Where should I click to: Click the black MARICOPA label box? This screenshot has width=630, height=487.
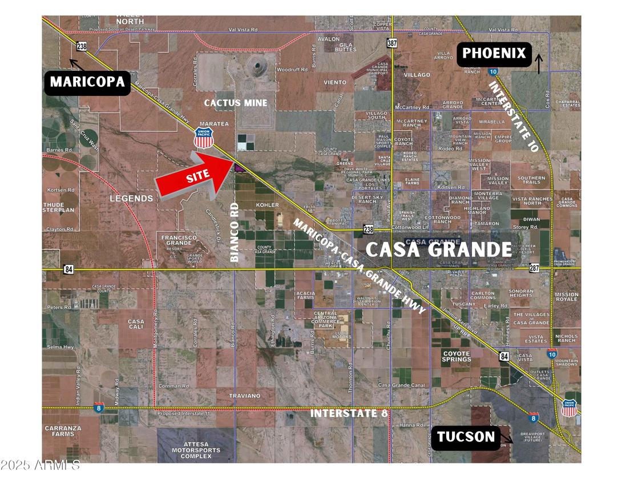point(87,82)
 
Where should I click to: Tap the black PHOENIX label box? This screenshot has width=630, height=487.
point(494,54)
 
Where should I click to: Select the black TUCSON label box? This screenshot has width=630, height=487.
point(466,437)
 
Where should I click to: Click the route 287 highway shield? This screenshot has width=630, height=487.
point(534,267)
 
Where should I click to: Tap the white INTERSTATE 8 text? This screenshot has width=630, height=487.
point(349,413)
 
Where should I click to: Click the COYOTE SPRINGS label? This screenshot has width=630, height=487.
point(457,356)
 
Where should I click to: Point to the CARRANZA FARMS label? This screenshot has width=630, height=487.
point(63,430)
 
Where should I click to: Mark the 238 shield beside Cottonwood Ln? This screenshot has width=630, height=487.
point(368,229)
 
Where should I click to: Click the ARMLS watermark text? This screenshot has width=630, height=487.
point(40,466)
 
